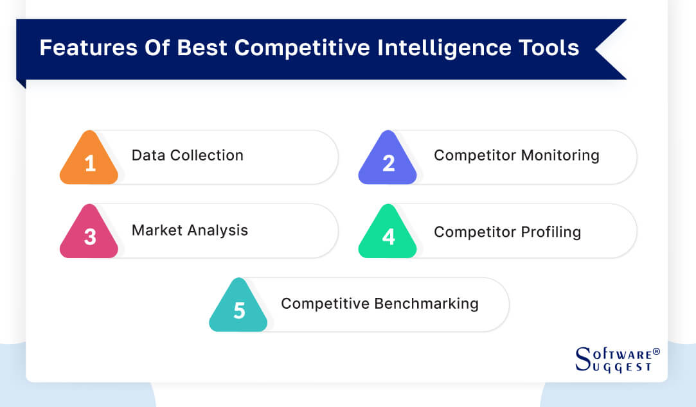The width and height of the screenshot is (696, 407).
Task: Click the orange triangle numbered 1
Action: click(89, 162)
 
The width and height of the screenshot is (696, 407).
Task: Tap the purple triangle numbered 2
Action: click(388, 162)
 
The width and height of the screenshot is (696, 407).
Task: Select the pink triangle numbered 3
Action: click(89, 236)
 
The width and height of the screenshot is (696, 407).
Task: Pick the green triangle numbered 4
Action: click(388, 236)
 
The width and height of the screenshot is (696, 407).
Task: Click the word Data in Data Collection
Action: click(146, 155)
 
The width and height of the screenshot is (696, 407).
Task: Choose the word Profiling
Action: click(551, 232)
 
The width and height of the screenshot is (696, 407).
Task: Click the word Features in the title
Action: click(75, 48)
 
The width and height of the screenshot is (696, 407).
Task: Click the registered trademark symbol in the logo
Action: click(656, 352)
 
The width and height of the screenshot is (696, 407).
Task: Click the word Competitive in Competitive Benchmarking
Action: click(325, 304)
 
